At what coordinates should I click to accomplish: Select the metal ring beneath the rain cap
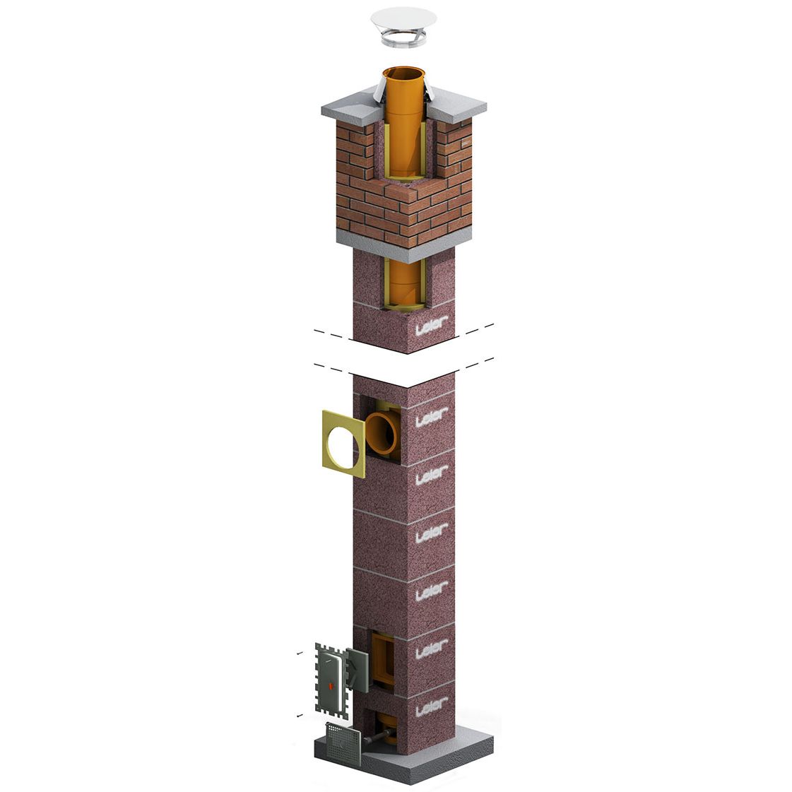pos(403,39)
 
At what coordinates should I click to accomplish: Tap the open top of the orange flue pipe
pos(403,73)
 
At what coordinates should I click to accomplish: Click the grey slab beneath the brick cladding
pos(404,247)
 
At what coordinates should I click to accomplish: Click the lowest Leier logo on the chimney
pos(432,707)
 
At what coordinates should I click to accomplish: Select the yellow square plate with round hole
pos(343,444)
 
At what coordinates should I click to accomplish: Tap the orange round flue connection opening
pos(382,433)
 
